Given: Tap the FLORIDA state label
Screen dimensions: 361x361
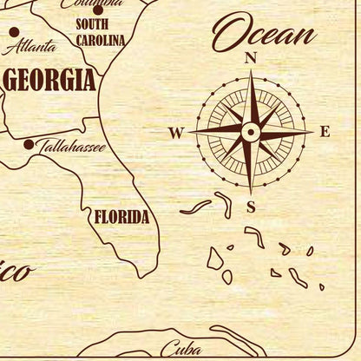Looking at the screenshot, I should click(121, 216).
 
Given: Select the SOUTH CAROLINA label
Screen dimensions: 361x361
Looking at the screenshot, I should click(99, 32).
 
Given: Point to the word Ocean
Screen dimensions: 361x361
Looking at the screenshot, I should click(264, 36).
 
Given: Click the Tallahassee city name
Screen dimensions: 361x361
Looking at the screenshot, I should click(71, 148).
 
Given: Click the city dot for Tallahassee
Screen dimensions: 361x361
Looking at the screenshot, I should click(29, 144).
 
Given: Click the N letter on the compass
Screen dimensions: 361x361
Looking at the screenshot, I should click(252, 57).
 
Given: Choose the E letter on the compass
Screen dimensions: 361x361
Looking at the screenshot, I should click(325, 132).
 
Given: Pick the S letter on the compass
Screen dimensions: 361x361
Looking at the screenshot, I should click(251, 207).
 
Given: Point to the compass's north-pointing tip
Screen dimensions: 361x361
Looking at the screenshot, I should click(251, 71).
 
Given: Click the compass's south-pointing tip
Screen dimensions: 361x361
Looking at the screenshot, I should click(251, 194).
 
